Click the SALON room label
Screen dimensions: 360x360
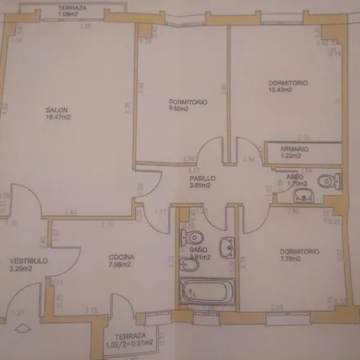pyautogui.click(x=54, y=110)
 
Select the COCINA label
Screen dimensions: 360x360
pyautogui.click(x=122, y=257)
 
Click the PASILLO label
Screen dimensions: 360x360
pyautogui.click(x=194, y=178)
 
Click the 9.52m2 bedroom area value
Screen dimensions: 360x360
pyautogui.click(x=178, y=109)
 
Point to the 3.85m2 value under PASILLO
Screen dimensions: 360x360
pyautogui.click(x=194, y=186)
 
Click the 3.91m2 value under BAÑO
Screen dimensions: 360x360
pyautogui.click(x=200, y=258)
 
